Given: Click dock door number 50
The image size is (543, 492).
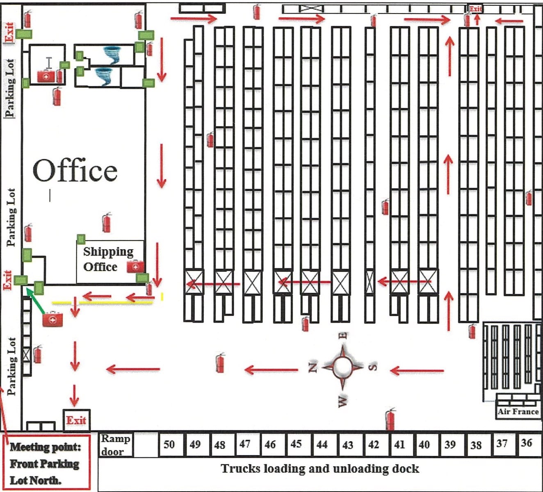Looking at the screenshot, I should pyautogui.click(x=169, y=445).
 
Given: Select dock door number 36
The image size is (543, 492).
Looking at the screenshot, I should pyautogui.click(x=527, y=443).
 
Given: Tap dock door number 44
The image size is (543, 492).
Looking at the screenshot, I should pyautogui.click(x=322, y=445).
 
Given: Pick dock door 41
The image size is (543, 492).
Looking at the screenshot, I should pyautogui.click(x=399, y=445).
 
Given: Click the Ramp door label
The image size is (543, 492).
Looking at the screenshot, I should pyautogui.click(x=116, y=445).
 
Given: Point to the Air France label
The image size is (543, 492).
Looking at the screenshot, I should pyautogui.click(x=518, y=412).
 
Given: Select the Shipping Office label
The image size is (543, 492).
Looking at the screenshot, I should pyautogui.click(x=108, y=259).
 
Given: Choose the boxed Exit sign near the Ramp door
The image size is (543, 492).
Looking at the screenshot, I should pyautogui.click(x=76, y=420).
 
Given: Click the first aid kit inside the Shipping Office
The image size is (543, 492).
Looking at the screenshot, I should pyautogui.click(x=135, y=266).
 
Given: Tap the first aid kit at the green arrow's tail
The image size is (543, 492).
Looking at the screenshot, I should pyautogui.click(x=53, y=319).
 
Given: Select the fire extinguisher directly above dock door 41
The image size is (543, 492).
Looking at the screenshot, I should pyautogui.click(x=390, y=418).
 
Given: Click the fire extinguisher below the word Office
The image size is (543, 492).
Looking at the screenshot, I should pyautogui.click(x=107, y=222).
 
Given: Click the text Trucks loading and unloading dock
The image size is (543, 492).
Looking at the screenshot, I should pyautogui.click(x=320, y=469).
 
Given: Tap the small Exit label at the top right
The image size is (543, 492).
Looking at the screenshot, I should pyautogui.click(x=475, y=9).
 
